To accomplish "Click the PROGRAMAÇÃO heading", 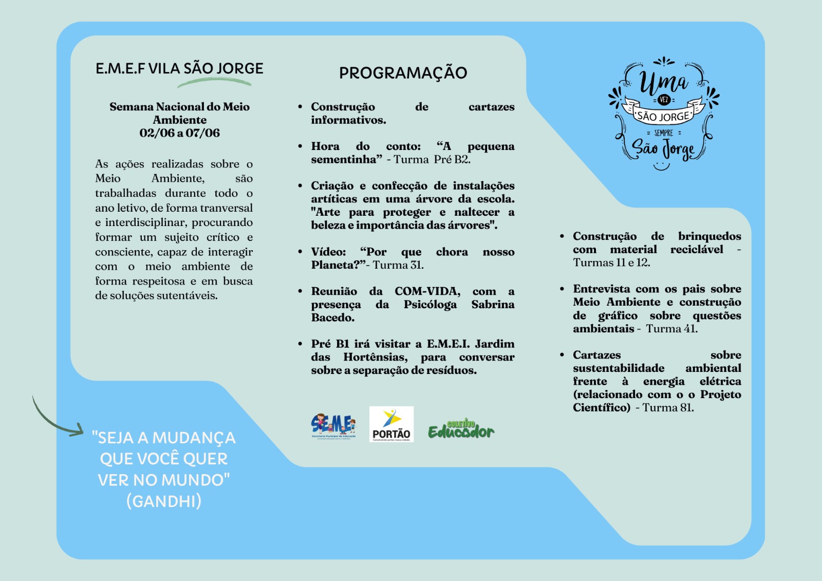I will click(x=403, y=73).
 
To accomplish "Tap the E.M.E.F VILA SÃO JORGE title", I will click(x=179, y=68).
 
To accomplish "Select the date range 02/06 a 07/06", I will click(x=179, y=133).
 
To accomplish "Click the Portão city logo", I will click(x=391, y=424).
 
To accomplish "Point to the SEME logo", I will click(x=333, y=426).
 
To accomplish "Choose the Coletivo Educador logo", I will click(x=461, y=429).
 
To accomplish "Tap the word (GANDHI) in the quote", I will click(x=164, y=501).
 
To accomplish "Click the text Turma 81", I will click(x=667, y=408).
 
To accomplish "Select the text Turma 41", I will click(x=671, y=329).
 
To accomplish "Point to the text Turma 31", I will click(x=398, y=265).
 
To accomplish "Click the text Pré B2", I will click(x=452, y=159).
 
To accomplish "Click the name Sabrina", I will click(x=493, y=305).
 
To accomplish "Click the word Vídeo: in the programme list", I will click(x=328, y=252).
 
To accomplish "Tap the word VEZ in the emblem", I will click(x=664, y=100).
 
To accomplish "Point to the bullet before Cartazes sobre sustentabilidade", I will click(x=562, y=355).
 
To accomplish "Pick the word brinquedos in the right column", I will click(x=709, y=236).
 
